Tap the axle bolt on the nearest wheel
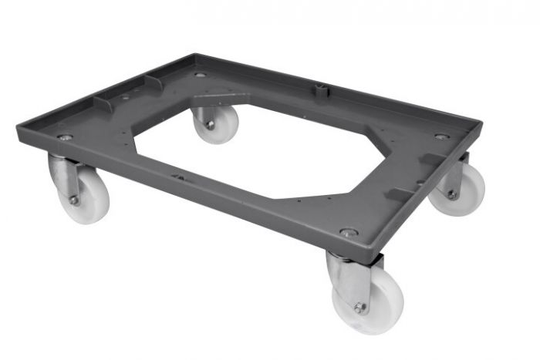pos(359,308)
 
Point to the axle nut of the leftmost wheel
pos(74,200)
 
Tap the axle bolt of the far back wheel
pos(210,124)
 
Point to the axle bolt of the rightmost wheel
pos(452,194)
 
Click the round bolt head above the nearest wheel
pos(349,231)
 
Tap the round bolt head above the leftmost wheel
pos(65,136)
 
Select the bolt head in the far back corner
pos(201,75)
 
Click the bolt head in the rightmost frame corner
pos(441,136)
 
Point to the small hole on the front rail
pos(177,177)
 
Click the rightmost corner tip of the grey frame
pos(481,125)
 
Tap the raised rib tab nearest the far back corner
pos(154,79)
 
